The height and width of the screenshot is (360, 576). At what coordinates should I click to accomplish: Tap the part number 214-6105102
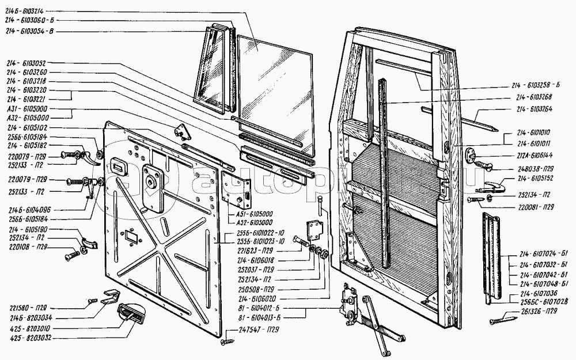(x=26, y=128)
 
